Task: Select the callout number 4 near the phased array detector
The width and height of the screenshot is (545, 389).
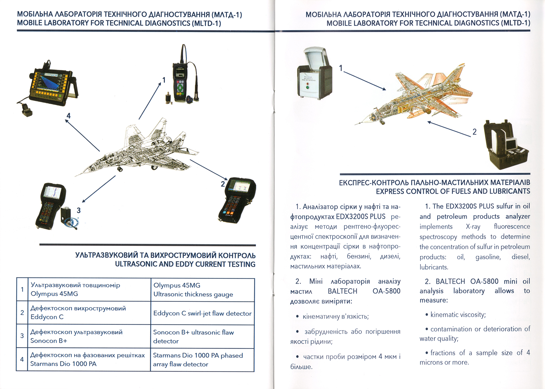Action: pyautogui.click(x=68, y=116)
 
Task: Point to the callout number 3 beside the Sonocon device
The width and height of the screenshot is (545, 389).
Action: pyautogui.click(x=79, y=210)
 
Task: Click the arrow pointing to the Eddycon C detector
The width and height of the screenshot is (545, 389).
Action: pyautogui.click(x=209, y=170)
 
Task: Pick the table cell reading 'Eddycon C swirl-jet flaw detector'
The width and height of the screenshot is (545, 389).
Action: pyautogui.click(x=202, y=313)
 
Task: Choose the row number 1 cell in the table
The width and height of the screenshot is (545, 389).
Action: pyautogui.click(x=22, y=290)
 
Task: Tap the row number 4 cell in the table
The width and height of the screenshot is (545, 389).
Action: pyautogui.click(x=22, y=359)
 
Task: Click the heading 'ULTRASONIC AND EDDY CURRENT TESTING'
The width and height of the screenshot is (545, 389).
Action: pyautogui.click(x=185, y=264)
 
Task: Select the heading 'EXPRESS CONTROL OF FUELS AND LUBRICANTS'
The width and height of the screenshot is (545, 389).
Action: pyautogui.click(x=453, y=191)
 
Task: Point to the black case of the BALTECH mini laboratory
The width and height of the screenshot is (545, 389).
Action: pyautogui.click(x=505, y=148)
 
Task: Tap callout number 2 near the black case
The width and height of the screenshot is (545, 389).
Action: pyautogui.click(x=474, y=132)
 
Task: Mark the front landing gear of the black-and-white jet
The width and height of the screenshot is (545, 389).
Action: pyautogui.click(x=120, y=170)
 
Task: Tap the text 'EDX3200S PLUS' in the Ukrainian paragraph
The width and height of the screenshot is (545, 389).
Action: pyautogui.click(x=360, y=217)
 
